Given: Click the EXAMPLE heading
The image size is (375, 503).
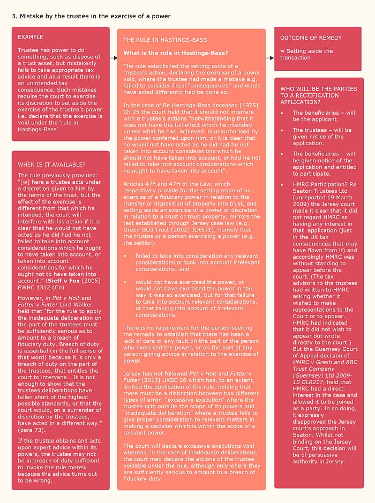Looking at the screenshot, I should pos(31,37).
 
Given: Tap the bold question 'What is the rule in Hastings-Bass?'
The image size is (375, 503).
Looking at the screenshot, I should pos(176,53).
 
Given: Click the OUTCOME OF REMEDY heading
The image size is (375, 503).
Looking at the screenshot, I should pos(311,38).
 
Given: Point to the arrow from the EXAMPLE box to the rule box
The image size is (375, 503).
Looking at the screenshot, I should pos(113,57).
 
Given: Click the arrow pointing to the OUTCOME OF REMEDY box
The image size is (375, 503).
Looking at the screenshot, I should pos(269,57).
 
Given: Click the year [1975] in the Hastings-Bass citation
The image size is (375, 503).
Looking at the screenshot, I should pos(247,106).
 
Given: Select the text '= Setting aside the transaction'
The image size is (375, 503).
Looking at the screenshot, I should pos(306,55).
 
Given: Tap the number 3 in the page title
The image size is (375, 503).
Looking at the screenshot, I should pos(13,16).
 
